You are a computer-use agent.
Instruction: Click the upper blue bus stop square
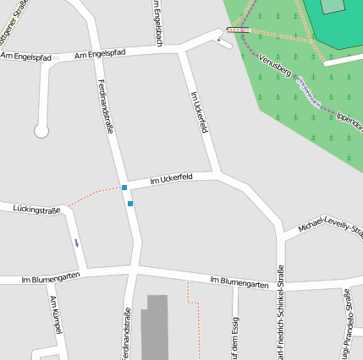(124, 188)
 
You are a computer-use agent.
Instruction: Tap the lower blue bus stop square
(130, 203)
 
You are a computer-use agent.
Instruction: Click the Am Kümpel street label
(56, 314)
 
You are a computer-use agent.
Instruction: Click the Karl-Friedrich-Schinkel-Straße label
(280, 313)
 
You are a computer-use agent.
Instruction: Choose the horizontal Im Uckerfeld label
(171, 178)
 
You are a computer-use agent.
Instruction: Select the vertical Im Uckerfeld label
(200, 112)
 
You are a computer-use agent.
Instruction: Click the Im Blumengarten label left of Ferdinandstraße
(51, 276)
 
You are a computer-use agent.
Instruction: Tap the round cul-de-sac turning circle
(41, 131)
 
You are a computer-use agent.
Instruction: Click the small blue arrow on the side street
(76, 243)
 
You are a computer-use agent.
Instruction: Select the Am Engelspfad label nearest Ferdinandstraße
(100, 54)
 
